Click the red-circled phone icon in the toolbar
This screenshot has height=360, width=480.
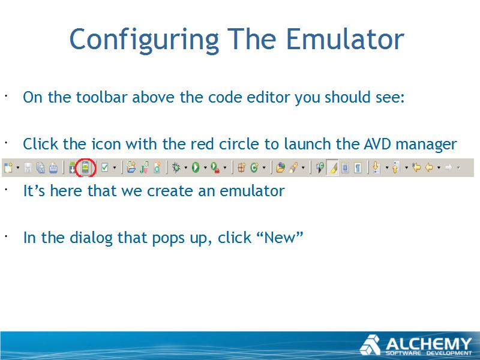85,168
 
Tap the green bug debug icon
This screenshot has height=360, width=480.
176,167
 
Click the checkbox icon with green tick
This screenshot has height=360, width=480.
104,167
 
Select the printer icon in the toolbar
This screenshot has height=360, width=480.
53,168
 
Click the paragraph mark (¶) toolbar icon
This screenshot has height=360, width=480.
358,168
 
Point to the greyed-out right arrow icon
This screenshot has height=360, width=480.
448,167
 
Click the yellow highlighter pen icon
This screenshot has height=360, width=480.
332,167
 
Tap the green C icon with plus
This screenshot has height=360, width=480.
254,167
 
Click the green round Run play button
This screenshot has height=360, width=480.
196,167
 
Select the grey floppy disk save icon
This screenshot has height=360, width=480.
28,168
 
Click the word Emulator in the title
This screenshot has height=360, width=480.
346,40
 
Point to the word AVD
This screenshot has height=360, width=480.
378,144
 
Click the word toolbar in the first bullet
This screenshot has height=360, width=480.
101,97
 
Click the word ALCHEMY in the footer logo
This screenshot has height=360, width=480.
428,344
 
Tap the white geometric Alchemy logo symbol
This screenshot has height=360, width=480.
370,346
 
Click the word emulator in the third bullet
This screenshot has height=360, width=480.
252,191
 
